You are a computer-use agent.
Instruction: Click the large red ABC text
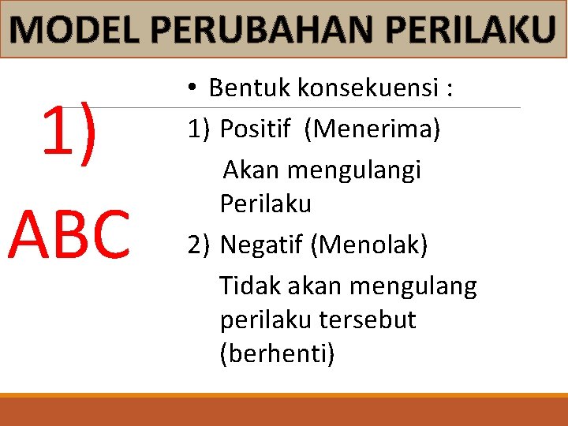(x=69, y=235)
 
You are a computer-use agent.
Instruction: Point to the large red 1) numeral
(x=69, y=130)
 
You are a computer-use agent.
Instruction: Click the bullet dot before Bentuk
(x=192, y=88)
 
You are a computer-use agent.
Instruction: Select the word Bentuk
(x=249, y=88)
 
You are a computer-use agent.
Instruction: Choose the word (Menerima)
(x=375, y=128)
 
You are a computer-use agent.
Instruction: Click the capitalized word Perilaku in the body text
(x=266, y=204)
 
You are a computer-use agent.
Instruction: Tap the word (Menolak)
(x=369, y=245)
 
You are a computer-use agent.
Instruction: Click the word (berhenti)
(x=278, y=354)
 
